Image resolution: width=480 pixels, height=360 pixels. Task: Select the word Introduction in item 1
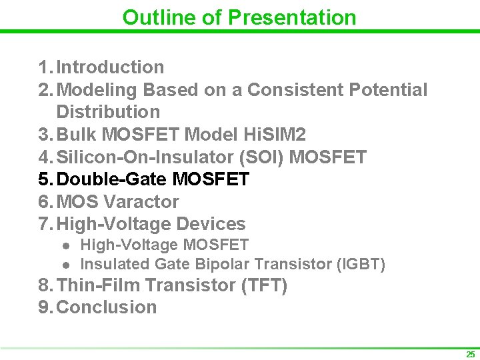(x=110, y=67)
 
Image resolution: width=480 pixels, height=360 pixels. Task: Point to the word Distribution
(x=108, y=112)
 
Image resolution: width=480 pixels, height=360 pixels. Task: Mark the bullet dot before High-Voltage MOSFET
(x=67, y=246)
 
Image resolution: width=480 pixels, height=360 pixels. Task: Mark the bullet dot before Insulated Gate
(x=67, y=265)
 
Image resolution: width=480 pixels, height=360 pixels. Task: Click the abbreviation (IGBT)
(x=361, y=264)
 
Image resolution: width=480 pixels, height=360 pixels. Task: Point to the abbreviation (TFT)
(x=264, y=285)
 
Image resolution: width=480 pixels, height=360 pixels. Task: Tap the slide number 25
(x=471, y=354)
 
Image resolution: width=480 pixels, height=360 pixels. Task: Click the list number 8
(x=44, y=285)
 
